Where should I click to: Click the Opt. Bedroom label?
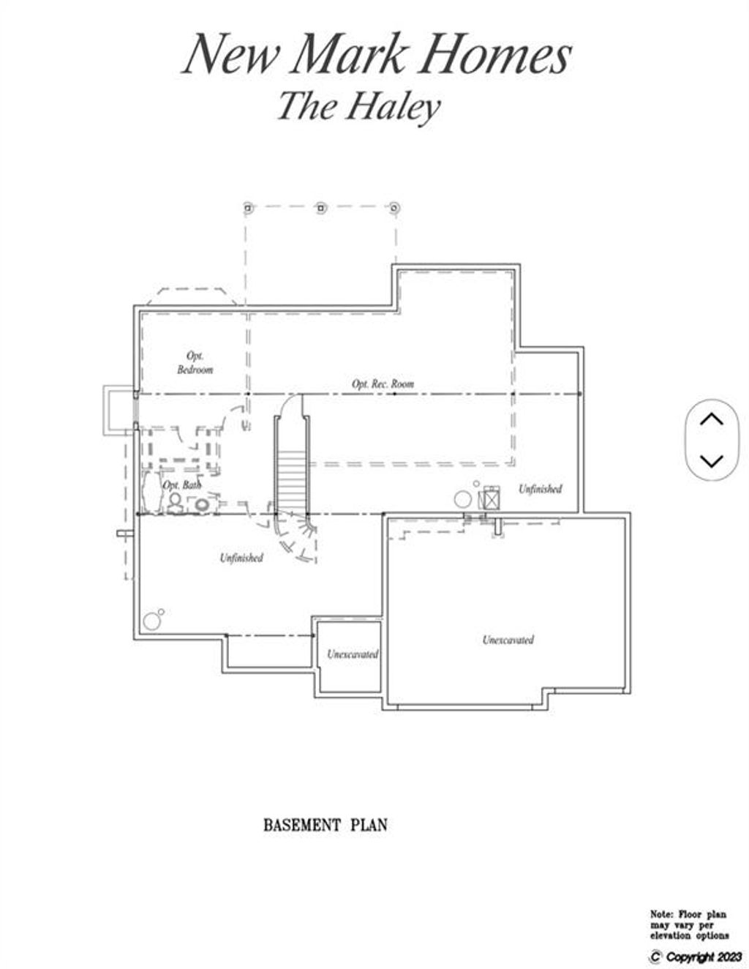coord(195,362)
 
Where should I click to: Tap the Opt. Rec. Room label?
coord(383,384)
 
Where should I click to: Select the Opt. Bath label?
coord(182,484)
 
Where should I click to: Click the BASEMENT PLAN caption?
coord(325,825)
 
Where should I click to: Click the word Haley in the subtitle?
coord(393,108)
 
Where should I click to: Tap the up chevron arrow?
coord(711,419)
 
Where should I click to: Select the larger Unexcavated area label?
coord(508,640)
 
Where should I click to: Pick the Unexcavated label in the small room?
coord(353,654)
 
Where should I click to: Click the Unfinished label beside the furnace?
coord(540,489)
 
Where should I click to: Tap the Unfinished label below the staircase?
coord(241,558)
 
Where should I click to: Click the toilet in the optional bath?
coord(174,503)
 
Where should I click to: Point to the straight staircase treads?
coord(291,482)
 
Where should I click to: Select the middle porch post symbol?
coord(321,208)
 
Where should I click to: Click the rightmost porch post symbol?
coord(394,208)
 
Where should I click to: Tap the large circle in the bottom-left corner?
coord(151,621)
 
